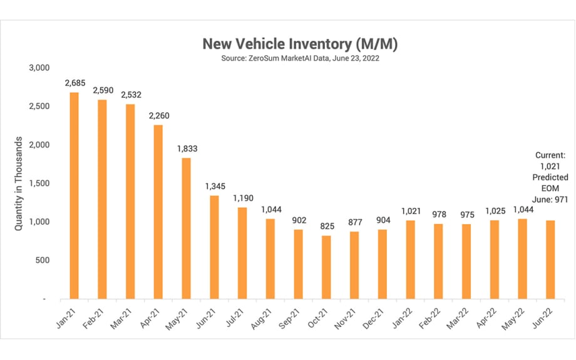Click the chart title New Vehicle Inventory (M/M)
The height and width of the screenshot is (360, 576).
tap(300, 44)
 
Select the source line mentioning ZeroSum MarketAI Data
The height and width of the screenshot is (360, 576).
tap(300, 58)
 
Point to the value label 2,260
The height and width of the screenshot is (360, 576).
tap(158, 116)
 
